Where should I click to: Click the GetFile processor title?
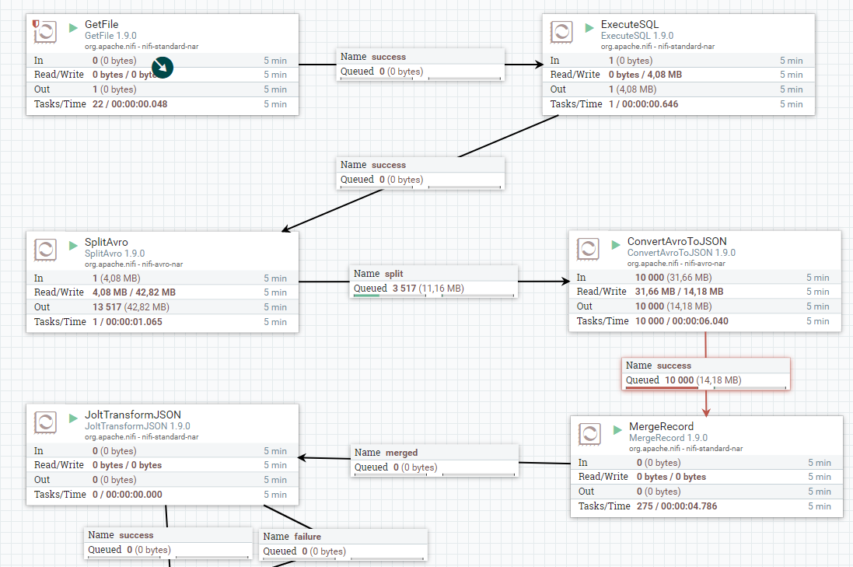coord(101,24)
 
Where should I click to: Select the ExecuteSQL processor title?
coord(629,24)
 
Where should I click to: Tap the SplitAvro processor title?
coord(106,242)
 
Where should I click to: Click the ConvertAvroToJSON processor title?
coord(676,241)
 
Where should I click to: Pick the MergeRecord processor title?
coord(661,426)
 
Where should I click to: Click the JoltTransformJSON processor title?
coord(133,415)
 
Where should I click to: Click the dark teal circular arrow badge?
coord(162,68)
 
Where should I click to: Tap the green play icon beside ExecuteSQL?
coord(589,27)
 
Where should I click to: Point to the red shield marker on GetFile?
coord(36,23)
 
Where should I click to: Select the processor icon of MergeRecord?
coord(589,434)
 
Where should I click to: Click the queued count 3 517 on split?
coord(404,289)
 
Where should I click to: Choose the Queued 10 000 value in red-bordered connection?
coord(680,380)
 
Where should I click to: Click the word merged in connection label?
coord(401,453)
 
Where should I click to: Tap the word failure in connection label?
coord(307,537)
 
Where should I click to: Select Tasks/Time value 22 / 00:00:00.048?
coord(130,104)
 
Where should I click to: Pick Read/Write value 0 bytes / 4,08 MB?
coord(645,75)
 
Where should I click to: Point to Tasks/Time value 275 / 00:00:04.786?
coord(676,506)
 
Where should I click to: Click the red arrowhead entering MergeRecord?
coord(706,412)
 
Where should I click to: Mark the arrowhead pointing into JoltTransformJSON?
coord(302,457)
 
